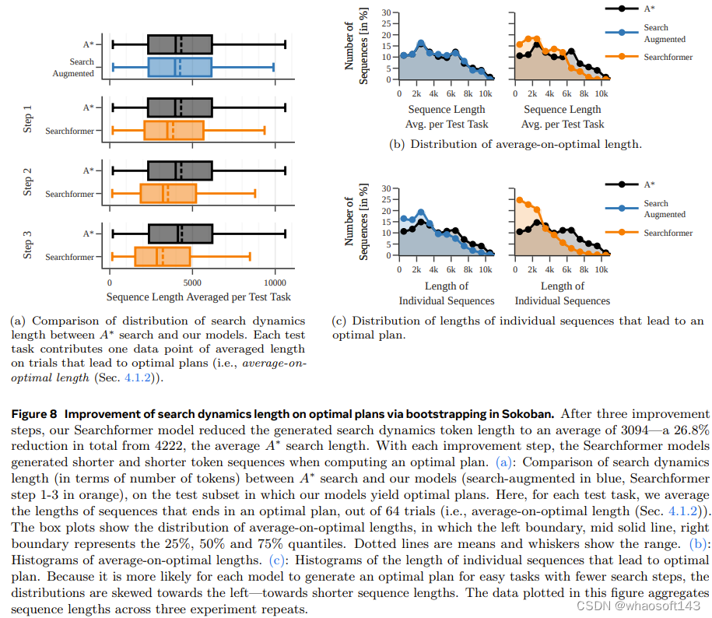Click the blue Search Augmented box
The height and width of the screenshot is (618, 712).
click(180, 68)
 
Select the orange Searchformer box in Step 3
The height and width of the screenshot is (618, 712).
click(162, 256)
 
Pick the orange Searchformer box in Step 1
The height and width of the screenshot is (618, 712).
click(174, 131)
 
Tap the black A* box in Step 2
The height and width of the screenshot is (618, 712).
click(180, 170)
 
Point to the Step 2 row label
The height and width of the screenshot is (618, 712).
click(28, 181)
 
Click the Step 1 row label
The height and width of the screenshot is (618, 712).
click(28, 118)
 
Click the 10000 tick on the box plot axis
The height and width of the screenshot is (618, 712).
click(275, 283)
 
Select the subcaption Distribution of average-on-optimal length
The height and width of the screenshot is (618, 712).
click(525, 143)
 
